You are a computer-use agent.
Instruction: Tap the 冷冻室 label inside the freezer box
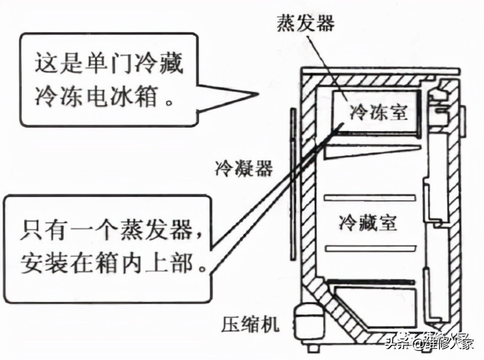pos(378,112)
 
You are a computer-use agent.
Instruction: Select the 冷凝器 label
pos(244,169)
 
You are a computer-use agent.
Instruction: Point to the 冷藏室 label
pos(368,222)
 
